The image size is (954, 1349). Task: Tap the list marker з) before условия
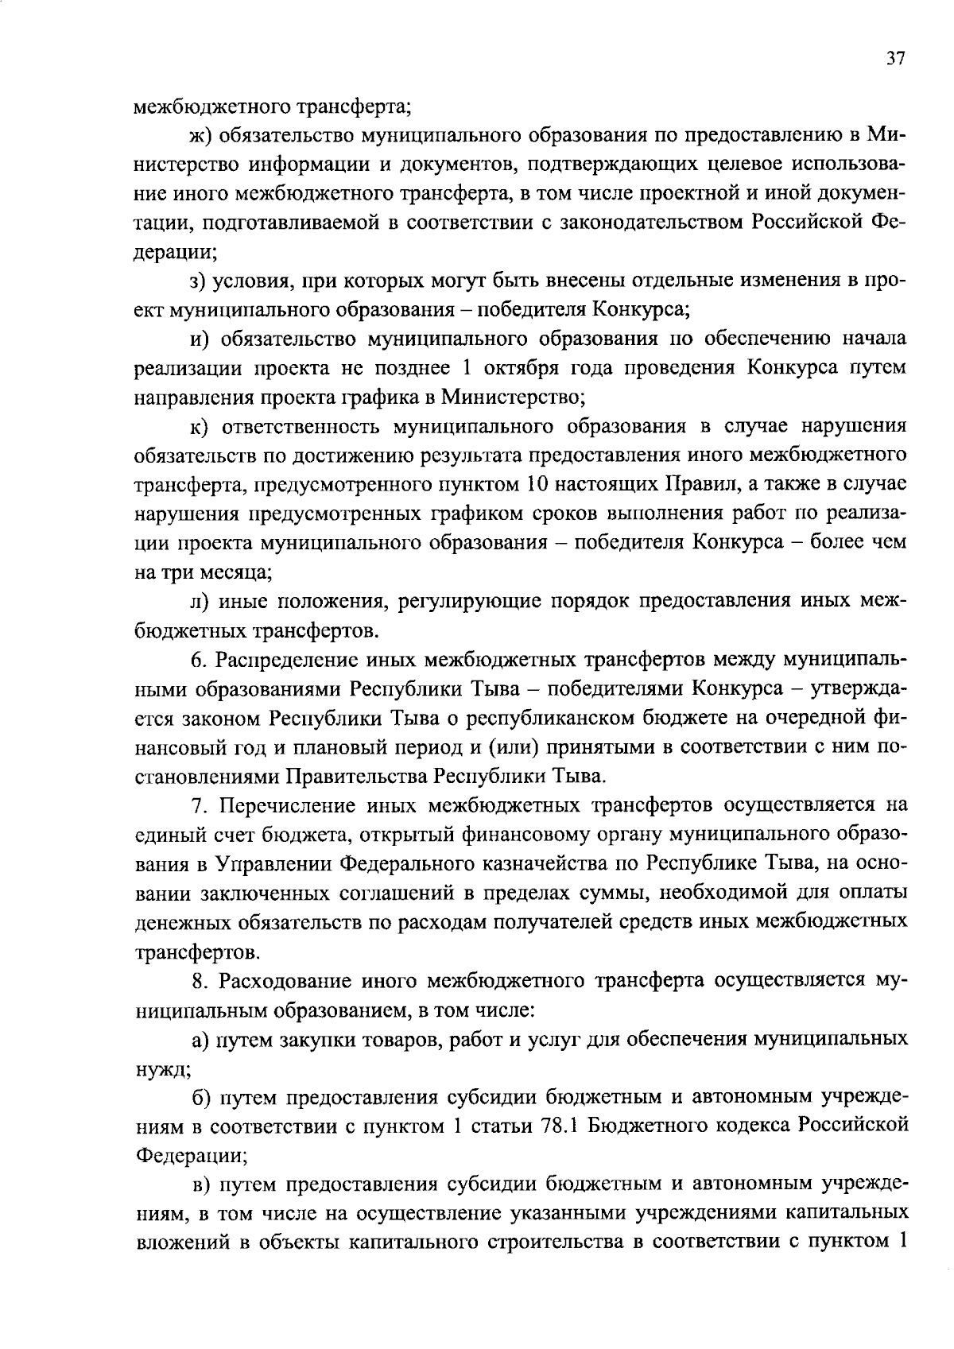point(199,281)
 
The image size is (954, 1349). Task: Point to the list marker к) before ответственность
point(199,427)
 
